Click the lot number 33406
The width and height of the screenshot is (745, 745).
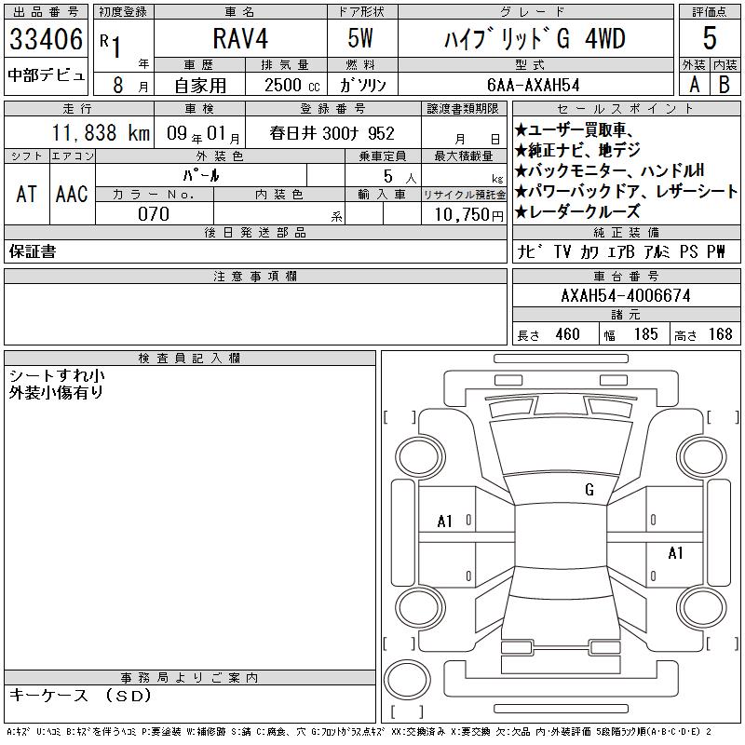pos(46,39)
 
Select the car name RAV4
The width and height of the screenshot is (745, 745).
pos(240,38)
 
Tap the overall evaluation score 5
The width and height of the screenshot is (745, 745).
pos(710,38)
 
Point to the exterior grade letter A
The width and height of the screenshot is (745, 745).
pos(694,85)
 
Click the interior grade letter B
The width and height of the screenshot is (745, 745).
pos(725,85)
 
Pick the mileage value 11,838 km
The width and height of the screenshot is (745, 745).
pos(101,132)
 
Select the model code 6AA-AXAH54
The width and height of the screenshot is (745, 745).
pos(533,85)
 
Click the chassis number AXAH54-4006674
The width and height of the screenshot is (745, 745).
pos(626,295)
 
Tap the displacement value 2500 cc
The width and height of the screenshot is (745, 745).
pos(291,86)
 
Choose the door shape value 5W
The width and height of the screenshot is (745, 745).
pos(360,38)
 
